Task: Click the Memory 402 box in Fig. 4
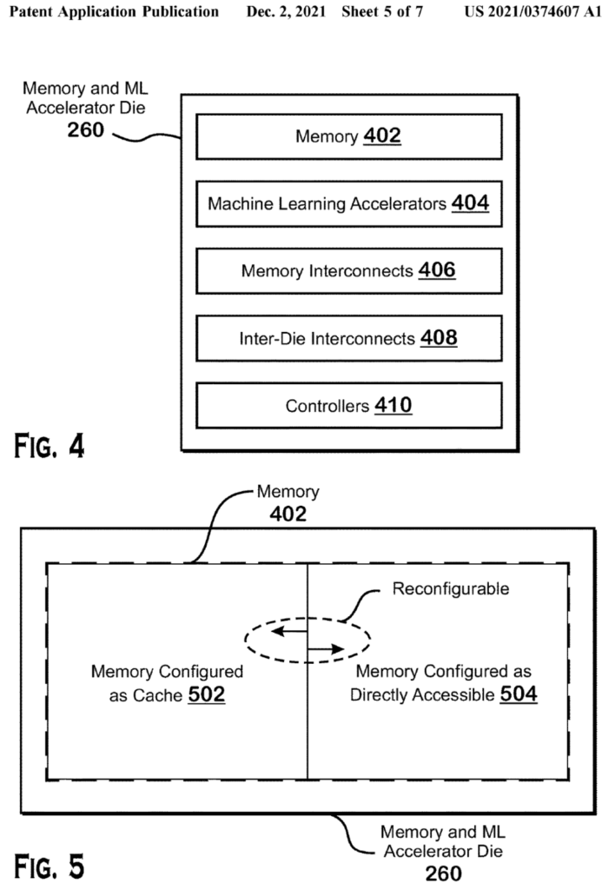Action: tap(348, 136)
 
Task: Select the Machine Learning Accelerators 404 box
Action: tap(348, 204)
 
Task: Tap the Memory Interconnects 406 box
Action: tap(348, 271)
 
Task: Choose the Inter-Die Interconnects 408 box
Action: tap(348, 338)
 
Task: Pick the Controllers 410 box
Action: tap(348, 405)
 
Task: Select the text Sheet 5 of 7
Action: tap(388, 13)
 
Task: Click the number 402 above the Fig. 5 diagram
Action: tap(288, 514)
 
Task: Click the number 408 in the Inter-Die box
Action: tap(438, 338)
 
